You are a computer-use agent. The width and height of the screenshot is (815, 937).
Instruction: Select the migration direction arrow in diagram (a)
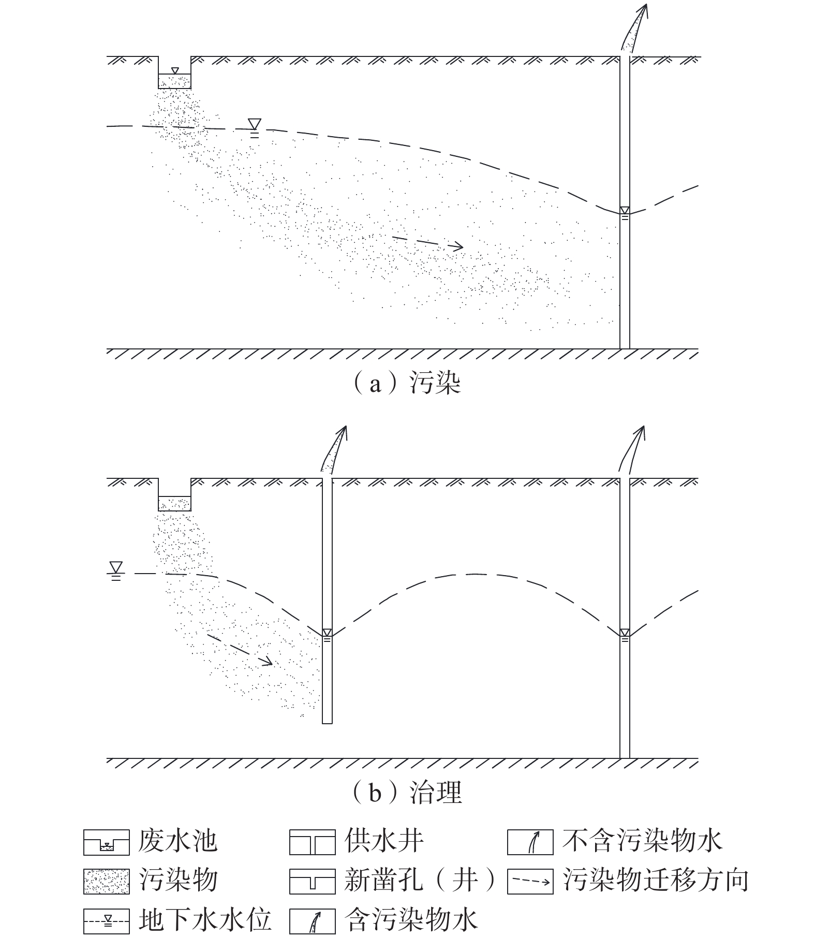pos(427,243)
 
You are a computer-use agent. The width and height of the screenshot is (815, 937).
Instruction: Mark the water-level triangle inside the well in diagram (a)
pos(625,210)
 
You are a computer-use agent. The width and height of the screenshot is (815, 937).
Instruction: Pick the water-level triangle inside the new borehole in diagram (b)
pos(327,633)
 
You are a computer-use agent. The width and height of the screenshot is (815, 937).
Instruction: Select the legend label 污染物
pos(177,881)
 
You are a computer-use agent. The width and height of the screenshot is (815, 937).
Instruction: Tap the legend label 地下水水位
pos(204,920)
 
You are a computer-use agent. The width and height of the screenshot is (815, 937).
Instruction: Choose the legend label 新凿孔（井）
pos(420,881)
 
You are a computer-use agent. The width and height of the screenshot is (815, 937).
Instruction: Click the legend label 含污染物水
pos(411,920)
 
